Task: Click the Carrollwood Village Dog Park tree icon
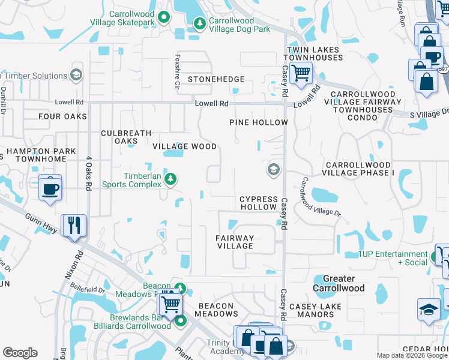click(x=199, y=23)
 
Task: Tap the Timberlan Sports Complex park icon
click(x=170, y=178)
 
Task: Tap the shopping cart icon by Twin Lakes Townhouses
click(x=300, y=74)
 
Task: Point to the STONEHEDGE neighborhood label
click(x=216, y=79)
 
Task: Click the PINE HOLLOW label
click(x=259, y=122)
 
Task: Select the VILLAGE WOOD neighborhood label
click(x=184, y=146)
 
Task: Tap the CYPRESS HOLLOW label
click(x=259, y=203)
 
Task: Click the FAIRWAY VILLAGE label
click(x=235, y=242)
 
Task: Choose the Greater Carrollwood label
click(x=339, y=283)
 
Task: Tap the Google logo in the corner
click(x=20, y=353)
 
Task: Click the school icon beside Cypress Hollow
click(x=273, y=170)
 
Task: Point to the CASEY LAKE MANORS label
click(x=315, y=310)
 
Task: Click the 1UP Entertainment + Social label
click(x=393, y=258)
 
